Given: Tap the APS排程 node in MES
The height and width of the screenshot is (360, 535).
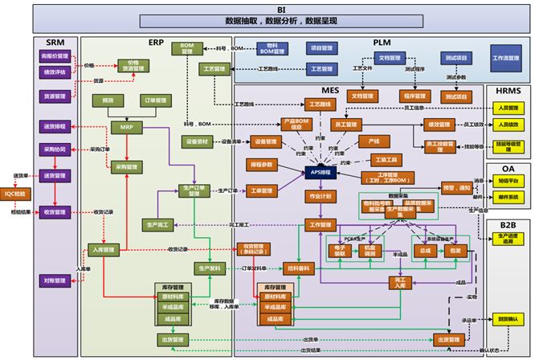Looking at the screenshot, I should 319,172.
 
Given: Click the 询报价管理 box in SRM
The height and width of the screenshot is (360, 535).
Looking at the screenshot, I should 55,57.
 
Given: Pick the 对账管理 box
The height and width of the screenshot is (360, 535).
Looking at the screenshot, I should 55,280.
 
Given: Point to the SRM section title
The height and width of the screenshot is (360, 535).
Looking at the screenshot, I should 55,42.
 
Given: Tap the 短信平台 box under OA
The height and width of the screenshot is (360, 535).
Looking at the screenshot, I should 508,181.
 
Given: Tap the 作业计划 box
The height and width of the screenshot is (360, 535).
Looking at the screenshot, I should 319,195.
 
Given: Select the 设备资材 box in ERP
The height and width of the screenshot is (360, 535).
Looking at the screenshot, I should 198,141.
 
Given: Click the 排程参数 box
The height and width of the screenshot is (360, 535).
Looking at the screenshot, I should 262,164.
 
